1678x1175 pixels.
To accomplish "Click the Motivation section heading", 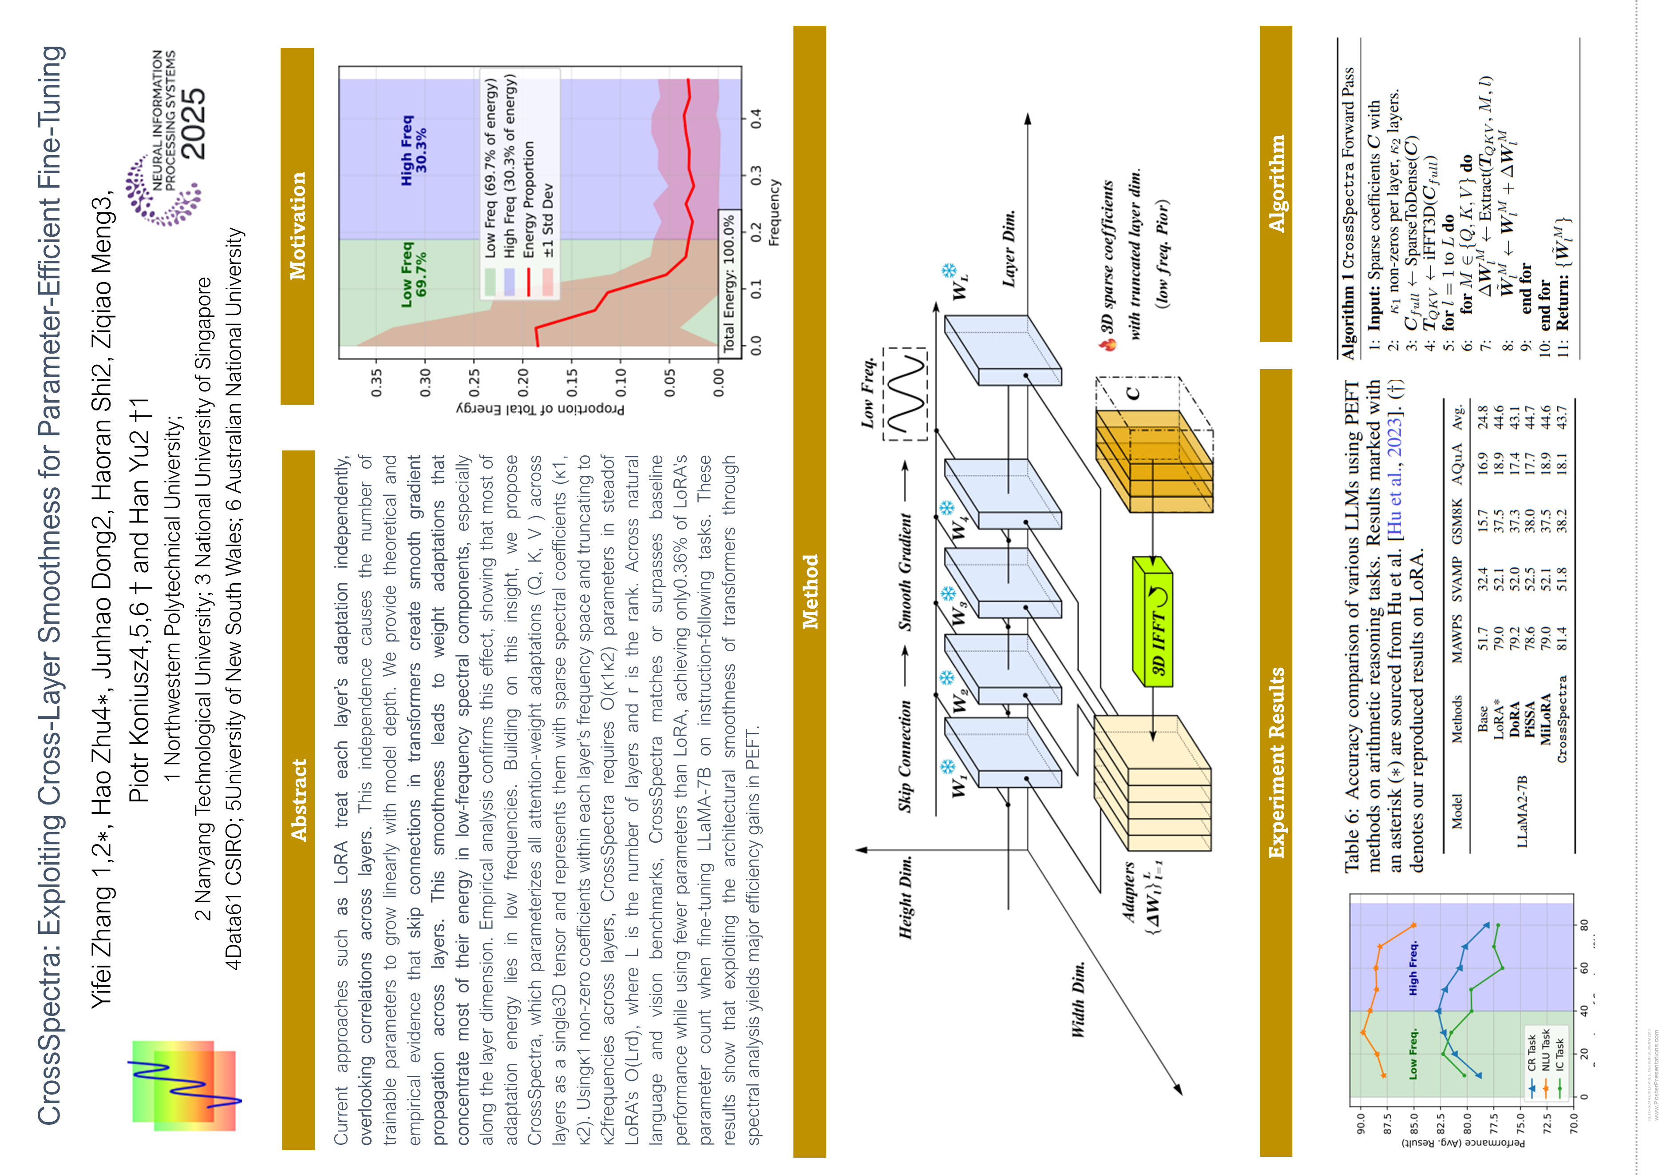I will (x=297, y=225).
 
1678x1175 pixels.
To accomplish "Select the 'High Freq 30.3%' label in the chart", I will (x=413, y=150).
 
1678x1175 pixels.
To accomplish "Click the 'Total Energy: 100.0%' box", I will (x=728, y=284).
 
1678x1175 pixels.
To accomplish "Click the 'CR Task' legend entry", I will (x=1531, y=1053).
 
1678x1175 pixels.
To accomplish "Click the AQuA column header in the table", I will (x=1457, y=464).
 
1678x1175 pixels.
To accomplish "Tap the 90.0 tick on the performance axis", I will (x=1360, y=1122).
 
